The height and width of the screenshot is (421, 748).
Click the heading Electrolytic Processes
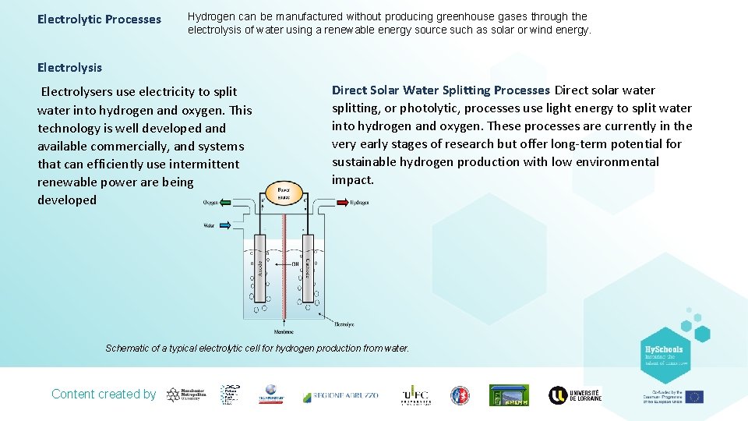pyautogui.click(x=99, y=19)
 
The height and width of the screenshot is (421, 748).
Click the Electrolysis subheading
pyautogui.click(x=69, y=68)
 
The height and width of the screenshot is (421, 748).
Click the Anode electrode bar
pyautogui.click(x=260, y=268)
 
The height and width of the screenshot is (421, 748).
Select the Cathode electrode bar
pyautogui.click(x=309, y=268)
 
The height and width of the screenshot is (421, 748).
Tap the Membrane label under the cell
pyautogui.click(x=284, y=331)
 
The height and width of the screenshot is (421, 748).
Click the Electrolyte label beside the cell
pyautogui.click(x=344, y=324)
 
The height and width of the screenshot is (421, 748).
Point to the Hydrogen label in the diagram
pyautogui.click(x=359, y=203)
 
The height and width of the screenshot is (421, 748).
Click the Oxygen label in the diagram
pyautogui.click(x=211, y=203)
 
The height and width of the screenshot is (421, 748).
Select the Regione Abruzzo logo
pyautogui.click(x=340, y=395)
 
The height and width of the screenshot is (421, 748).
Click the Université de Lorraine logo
pyautogui.click(x=576, y=395)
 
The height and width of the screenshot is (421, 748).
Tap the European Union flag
pyautogui.click(x=694, y=396)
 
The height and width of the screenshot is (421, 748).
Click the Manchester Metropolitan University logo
pyautogui.click(x=185, y=394)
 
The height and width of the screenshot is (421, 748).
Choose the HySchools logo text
pyautogui.click(x=663, y=349)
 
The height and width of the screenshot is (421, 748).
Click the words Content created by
pyautogui.click(x=104, y=394)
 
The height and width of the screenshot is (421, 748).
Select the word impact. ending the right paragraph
pyautogui.click(x=353, y=180)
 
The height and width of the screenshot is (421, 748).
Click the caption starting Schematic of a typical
pyautogui.click(x=257, y=348)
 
